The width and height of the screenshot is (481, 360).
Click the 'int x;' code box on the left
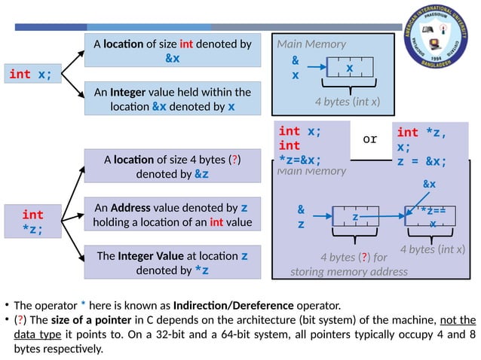click(31, 75)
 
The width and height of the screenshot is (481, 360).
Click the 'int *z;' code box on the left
click(32, 221)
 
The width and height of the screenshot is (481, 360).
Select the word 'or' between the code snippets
click(369, 139)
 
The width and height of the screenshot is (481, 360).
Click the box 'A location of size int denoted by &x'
click(172, 50)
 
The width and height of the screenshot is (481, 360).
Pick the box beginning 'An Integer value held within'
click(172, 99)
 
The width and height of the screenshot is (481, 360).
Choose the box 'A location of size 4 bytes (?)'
click(172, 166)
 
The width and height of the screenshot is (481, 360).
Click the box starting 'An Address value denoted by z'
click(172, 215)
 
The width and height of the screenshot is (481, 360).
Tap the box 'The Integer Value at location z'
click(172, 262)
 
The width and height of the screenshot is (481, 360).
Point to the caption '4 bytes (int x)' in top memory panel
click(347, 101)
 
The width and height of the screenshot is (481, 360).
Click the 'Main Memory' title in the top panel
click(311, 44)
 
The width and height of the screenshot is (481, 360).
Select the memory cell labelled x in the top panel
click(349, 69)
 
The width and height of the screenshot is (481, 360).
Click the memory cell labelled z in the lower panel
click(354, 217)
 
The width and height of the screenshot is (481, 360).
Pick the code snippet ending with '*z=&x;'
click(312, 145)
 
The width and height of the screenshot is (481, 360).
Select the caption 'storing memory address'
click(348, 270)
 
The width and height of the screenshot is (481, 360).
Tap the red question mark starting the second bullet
click(23, 319)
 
